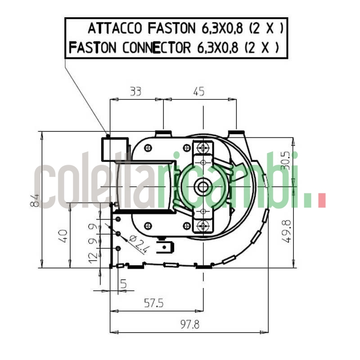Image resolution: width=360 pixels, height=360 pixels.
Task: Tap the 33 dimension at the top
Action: [x=135, y=92]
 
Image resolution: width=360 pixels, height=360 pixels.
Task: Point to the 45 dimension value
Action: [x=198, y=92]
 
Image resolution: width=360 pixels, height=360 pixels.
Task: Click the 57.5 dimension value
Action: [x=153, y=303]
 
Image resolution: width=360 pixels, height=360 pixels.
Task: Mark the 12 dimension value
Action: [x=93, y=256]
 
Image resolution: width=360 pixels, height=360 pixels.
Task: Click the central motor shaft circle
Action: [x=203, y=185]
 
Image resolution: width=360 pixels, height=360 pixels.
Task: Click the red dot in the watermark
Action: [x=321, y=201]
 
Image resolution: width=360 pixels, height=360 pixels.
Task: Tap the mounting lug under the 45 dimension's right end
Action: [x=237, y=134]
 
